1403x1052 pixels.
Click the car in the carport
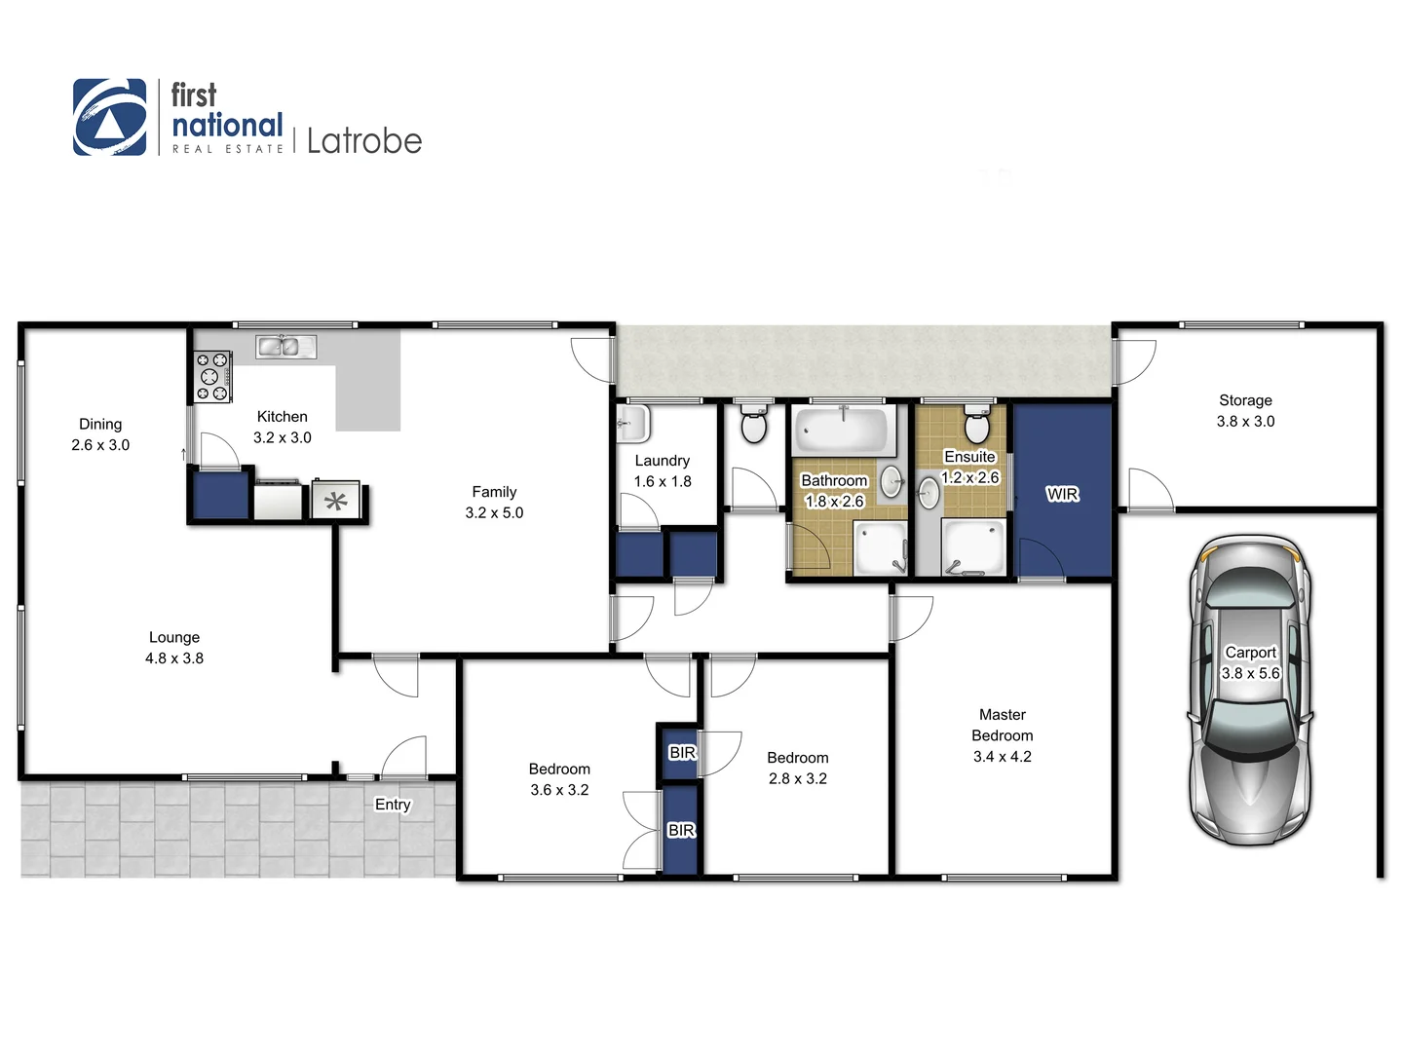(1249, 690)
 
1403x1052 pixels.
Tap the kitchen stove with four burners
(212, 376)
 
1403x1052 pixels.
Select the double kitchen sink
(285, 346)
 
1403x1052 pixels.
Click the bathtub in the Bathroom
(844, 431)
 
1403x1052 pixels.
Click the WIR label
(1062, 494)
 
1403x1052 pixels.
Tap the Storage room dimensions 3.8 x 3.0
(1245, 422)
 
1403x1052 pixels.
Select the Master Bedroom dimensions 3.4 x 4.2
(1002, 757)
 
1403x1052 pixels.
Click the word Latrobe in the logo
(364, 141)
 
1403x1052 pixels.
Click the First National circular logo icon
(109, 117)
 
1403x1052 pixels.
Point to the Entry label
(393, 805)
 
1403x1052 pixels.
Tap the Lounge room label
(174, 637)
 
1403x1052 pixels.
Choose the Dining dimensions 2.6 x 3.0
(100, 445)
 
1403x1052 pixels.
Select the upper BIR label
(682, 753)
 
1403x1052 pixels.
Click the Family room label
(494, 492)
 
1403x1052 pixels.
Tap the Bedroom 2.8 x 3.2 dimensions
(797, 779)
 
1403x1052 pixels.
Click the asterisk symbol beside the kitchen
(336, 503)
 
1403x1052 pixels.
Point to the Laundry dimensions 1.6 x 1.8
(663, 481)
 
